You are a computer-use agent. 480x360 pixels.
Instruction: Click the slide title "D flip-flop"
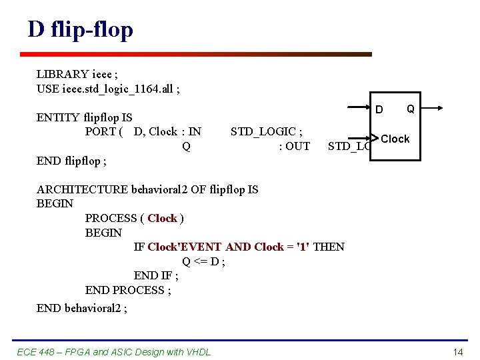click(80, 29)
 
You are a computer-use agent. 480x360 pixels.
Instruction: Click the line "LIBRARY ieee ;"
click(78, 74)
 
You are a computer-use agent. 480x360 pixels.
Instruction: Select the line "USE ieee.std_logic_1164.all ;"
click(108, 89)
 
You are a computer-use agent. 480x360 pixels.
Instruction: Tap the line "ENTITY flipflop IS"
click(84, 118)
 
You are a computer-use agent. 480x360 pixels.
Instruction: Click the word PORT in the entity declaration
click(101, 132)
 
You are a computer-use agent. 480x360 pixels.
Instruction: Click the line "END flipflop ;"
click(71, 161)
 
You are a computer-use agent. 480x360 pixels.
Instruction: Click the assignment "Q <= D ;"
click(203, 261)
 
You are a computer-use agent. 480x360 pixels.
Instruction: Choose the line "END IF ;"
click(156, 276)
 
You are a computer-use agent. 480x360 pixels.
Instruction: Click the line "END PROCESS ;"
click(128, 290)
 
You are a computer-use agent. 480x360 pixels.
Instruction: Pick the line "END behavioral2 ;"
click(82, 307)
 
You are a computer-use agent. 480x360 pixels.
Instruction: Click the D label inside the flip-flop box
click(379, 109)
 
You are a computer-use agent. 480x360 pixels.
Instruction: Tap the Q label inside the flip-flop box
click(411, 109)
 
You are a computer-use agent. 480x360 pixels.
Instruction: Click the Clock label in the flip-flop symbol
click(395, 139)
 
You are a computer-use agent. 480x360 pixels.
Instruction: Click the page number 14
click(457, 351)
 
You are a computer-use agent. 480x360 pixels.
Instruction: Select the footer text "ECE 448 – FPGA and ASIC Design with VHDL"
click(113, 351)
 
